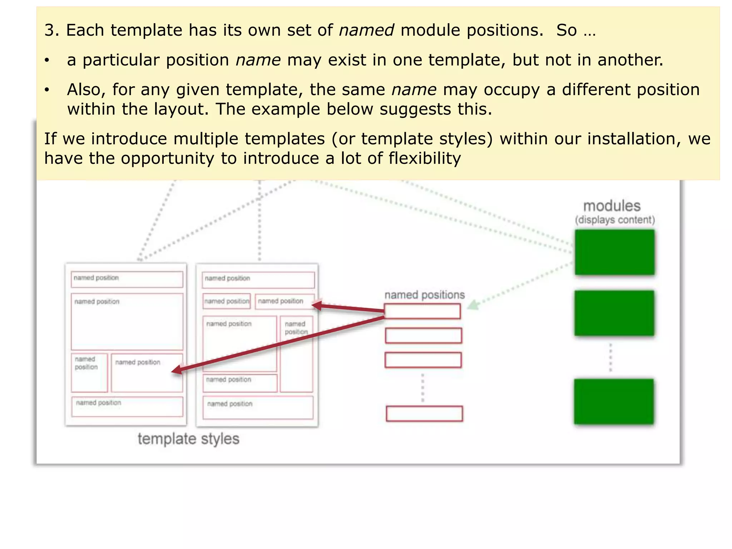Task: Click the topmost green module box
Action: (614, 252)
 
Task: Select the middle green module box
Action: (614, 313)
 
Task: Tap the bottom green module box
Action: (614, 402)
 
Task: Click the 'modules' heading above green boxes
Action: (612, 206)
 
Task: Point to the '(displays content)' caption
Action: (615, 220)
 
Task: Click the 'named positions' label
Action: (424, 295)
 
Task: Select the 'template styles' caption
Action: (188, 439)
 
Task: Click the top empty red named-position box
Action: (422, 311)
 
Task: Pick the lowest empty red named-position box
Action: (424, 414)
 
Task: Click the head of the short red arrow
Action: (315, 305)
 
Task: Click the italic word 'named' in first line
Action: (366, 30)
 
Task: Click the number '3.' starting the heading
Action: (51, 30)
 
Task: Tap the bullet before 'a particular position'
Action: (47, 60)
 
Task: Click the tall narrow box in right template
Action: (296, 354)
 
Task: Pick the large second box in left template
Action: (127, 322)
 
